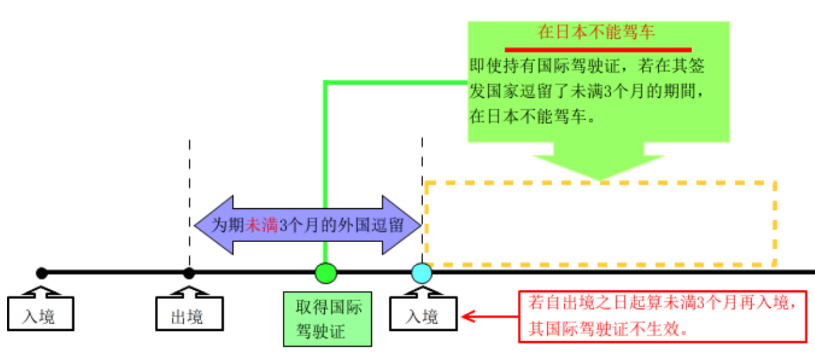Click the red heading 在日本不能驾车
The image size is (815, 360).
(x=596, y=33)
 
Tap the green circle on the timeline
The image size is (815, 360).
(x=325, y=273)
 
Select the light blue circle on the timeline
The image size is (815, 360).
(x=421, y=273)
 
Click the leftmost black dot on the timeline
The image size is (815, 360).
(x=41, y=273)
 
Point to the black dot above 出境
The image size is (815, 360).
(x=189, y=273)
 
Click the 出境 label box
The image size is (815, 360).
(x=188, y=315)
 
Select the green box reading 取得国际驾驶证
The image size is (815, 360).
(x=327, y=319)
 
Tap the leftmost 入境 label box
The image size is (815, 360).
(x=41, y=315)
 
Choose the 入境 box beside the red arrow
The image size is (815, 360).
(x=422, y=315)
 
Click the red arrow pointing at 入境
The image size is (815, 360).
(x=489, y=317)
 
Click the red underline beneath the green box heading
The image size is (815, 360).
(x=598, y=50)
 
